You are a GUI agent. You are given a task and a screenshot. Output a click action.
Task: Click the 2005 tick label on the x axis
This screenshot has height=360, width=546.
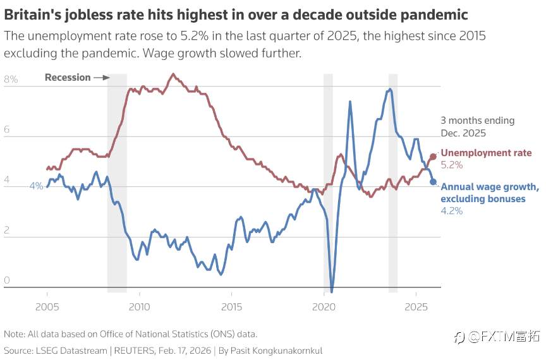pyautogui.click(x=47, y=307)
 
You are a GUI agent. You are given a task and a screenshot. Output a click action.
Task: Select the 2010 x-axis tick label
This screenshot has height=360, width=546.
pyautogui.click(x=139, y=307)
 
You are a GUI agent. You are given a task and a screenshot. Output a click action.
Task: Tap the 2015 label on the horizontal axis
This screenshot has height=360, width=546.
pyautogui.click(x=232, y=307)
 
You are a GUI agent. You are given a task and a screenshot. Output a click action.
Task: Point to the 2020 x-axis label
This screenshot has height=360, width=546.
pyautogui.click(x=324, y=307)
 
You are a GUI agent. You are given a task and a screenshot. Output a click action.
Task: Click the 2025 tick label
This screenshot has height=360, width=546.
pyautogui.click(x=416, y=307)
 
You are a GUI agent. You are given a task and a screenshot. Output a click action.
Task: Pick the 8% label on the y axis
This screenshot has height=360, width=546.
pyautogui.click(x=11, y=80)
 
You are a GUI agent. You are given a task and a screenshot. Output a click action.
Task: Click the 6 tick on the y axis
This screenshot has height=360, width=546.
pyautogui.click(x=7, y=130)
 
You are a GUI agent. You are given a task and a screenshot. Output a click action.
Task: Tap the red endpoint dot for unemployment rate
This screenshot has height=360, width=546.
pyautogui.click(x=433, y=157)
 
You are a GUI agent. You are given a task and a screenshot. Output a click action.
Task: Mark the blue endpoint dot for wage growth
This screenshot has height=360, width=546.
pyautogui.click(x=433, y=182)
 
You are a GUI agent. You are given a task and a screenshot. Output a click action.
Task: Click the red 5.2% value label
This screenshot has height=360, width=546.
pyautogui.click(x=452, y=165)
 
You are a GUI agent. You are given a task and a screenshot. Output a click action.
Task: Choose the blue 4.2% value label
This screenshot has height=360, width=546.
pyautogui.click(x=452, y=211)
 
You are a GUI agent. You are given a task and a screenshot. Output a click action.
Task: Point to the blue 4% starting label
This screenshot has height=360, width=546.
pyautogui.click(x=36, y=186)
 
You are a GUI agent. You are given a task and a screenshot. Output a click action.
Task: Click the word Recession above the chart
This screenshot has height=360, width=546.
pyautogui.click(x=68, y=77)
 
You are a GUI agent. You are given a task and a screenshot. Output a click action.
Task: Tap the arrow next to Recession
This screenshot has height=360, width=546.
pyautogui.click(x=101, y=77)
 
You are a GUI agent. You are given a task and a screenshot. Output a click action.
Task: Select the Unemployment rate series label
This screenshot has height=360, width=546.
pyautogui.click(x=486, y=153)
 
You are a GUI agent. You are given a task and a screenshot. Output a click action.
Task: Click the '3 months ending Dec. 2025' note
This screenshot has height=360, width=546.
pyautogui.click(x=477, y=126)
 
